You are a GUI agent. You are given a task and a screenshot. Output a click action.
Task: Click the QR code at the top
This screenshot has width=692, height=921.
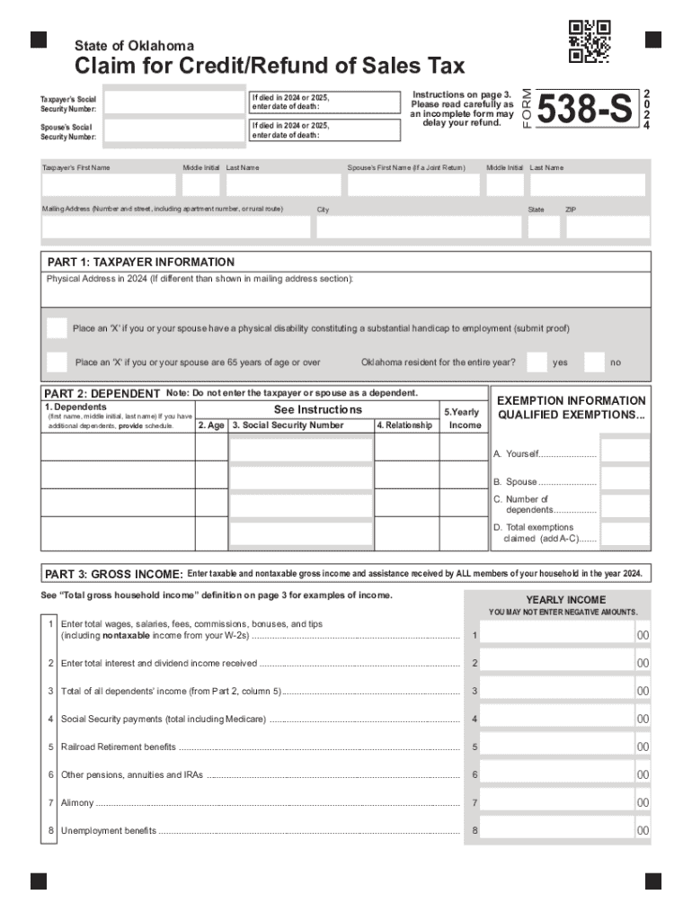coord(590,41)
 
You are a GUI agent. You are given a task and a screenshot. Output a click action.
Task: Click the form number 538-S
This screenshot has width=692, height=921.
coord(584,111)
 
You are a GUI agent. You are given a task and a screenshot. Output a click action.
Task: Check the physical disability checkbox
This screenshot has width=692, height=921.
coord(57,328)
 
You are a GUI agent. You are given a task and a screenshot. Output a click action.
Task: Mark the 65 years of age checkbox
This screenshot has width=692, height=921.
coord(57,362)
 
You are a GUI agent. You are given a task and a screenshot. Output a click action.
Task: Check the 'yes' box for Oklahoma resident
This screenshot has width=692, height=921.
coord(537,362)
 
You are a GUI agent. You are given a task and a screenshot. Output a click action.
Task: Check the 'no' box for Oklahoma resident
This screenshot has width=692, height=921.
coord(594,362)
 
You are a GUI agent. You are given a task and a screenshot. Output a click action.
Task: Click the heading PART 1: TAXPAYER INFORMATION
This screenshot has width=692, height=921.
coord(141,263)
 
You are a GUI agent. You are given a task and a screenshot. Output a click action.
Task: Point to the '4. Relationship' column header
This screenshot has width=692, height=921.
coord(405,425)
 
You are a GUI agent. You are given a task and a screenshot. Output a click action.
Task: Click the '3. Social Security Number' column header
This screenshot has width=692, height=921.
coord(288,425)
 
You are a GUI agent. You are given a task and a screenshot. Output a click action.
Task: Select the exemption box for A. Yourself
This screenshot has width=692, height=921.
coord(625,452)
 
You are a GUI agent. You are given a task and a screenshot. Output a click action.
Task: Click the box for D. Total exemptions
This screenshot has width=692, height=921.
coord(625,533)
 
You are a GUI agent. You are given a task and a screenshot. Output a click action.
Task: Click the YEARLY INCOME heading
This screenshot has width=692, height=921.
coord(565,600)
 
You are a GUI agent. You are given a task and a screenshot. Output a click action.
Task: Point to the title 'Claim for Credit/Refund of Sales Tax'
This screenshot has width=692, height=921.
coord(270,67)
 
